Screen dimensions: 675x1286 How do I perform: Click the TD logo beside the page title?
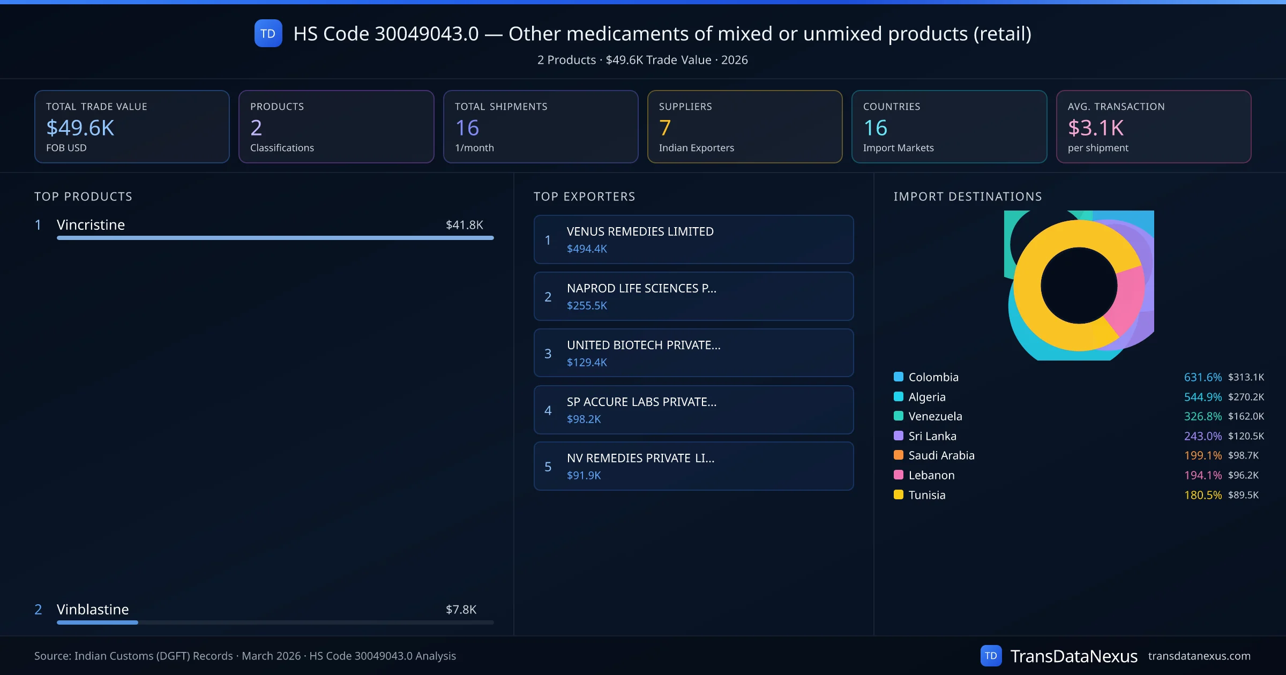tap(268, 33)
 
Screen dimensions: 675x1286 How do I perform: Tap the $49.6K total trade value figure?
tap(80, 127)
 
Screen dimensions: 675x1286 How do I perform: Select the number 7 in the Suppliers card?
tap(665, 127)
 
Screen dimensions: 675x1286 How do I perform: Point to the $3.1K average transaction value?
tap(1096, 127)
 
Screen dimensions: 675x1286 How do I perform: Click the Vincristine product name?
tap(91, 225)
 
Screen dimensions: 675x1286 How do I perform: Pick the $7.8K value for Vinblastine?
tap(461, 610)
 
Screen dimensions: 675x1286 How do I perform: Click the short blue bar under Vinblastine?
tap(98, 622)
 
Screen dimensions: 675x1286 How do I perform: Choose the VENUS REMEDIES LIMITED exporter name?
tap(640, 231)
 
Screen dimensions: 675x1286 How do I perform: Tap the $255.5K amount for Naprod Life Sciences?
tap(587, 305)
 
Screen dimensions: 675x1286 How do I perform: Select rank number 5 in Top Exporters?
tap(548, 467)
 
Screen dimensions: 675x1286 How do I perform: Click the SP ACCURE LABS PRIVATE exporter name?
tap(641, 402)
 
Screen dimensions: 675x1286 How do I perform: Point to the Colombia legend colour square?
tap(899, 377)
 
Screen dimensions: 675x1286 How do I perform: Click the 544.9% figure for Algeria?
tap(1202, 397)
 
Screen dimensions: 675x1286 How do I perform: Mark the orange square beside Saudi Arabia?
tap(899, 455)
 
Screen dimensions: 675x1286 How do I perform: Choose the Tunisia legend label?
tap(927, 495)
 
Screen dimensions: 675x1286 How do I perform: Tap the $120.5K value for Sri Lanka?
tap(1246, 436)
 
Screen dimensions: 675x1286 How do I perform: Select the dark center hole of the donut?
tap(1079, 286)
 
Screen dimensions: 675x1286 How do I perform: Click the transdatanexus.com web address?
tap(1199, 656)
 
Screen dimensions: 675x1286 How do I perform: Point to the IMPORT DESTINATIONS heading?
tap(968, 197)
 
